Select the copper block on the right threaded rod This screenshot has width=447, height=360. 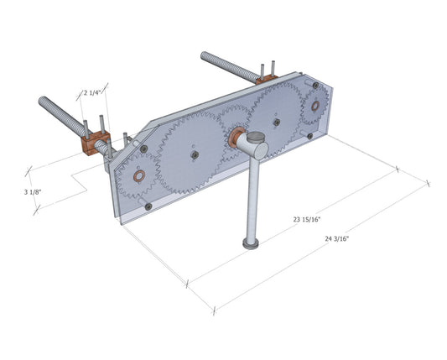pyautogui.click(x=267, y=77)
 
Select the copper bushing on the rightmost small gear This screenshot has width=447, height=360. pyautogui.click(x=315, y=107)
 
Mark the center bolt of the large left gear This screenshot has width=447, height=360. pyautogui.click(x=193, y=154)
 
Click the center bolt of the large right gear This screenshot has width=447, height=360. pyautogui.click(x=275, y=122)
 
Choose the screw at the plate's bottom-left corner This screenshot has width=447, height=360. pyautogui.click(x=148, y=206)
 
